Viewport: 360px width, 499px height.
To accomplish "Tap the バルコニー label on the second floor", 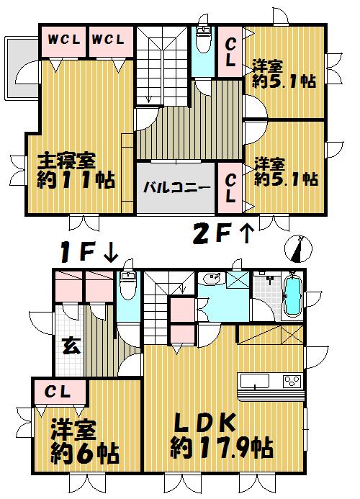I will click(175, 188).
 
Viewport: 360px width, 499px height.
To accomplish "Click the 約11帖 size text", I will click(76, 180).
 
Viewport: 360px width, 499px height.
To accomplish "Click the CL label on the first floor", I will click(59, 392).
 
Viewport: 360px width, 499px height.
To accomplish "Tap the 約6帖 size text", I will click(84, 454).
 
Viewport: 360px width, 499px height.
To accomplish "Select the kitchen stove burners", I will click(293, 380).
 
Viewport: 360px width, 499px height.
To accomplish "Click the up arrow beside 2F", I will click(246, 233).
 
